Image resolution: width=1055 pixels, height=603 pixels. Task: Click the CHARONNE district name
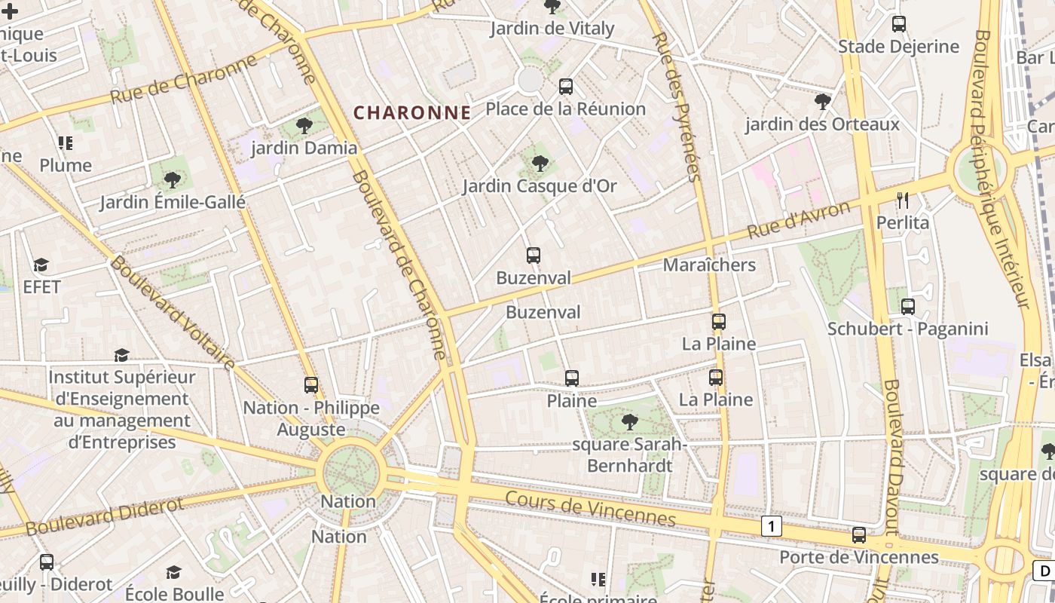tap(412, 113)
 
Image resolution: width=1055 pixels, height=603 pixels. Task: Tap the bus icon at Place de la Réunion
tap(566, 87)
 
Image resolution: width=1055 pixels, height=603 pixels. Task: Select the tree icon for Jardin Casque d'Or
tap(540, 164)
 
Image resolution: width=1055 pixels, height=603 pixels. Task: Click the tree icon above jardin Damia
tap(304, 125)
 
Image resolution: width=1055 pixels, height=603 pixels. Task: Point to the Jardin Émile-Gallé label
tap(173, 202)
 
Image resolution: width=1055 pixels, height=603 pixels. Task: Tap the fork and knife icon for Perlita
tap(903, 200)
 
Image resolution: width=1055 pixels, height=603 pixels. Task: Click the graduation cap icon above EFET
tap(41, 265)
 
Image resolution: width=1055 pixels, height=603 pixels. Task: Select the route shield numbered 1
tap(771, 526)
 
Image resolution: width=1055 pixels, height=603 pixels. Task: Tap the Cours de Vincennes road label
tap(590, 509)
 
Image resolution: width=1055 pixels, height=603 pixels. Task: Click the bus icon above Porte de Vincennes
tap(858, 535)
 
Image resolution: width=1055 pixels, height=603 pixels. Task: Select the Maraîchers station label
tap(709, 265)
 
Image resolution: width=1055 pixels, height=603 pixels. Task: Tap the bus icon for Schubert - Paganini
tap(908, 306)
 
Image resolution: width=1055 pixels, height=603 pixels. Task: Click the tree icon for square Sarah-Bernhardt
tap(629, 422)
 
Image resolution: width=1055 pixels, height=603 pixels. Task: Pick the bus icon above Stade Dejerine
tap(898, 24)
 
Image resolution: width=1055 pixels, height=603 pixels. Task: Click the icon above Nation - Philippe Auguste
tap(311, 385)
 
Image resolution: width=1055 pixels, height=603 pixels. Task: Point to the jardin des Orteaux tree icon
tap(823, 102)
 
